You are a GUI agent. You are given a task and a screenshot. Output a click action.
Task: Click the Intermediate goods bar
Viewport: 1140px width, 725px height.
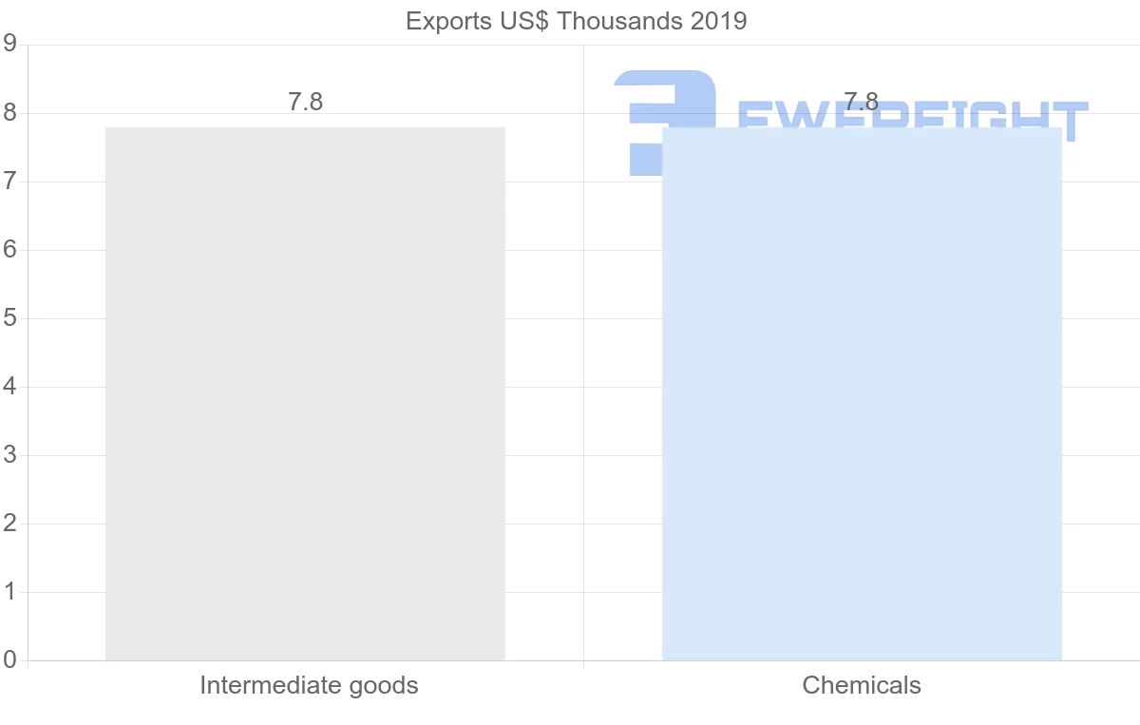305,393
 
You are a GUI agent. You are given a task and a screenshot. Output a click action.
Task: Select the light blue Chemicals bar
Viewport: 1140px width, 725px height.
862,393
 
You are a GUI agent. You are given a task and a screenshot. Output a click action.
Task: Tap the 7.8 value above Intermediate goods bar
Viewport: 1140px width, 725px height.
305,103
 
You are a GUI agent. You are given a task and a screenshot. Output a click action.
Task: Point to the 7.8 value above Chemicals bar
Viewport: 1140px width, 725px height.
861,103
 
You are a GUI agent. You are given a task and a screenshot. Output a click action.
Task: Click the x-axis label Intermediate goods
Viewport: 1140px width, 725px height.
309,685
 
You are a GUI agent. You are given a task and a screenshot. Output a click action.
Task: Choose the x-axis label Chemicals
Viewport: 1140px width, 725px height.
862,685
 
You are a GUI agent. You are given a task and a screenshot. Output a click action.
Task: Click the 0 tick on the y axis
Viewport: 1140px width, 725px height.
9,659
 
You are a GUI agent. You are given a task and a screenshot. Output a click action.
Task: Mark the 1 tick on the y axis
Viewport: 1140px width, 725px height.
9,592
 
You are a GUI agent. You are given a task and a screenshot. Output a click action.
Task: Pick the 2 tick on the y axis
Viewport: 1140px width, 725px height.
9,524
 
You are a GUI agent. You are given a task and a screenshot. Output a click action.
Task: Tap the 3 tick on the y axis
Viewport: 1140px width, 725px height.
9,455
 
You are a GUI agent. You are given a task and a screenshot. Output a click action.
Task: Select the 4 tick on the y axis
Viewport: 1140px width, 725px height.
9,387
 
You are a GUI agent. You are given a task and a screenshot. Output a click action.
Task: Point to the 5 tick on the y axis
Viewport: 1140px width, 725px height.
9,318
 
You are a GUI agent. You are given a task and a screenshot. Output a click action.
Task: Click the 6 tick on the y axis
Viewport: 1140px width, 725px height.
9,250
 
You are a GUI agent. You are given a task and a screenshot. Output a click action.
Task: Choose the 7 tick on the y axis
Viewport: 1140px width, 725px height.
9,181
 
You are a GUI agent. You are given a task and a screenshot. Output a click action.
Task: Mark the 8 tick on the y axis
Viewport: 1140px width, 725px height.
9,113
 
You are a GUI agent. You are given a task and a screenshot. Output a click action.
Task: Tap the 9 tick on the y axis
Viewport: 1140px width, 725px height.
9,44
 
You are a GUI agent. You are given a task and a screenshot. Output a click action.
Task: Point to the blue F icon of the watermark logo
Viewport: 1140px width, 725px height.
663,119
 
